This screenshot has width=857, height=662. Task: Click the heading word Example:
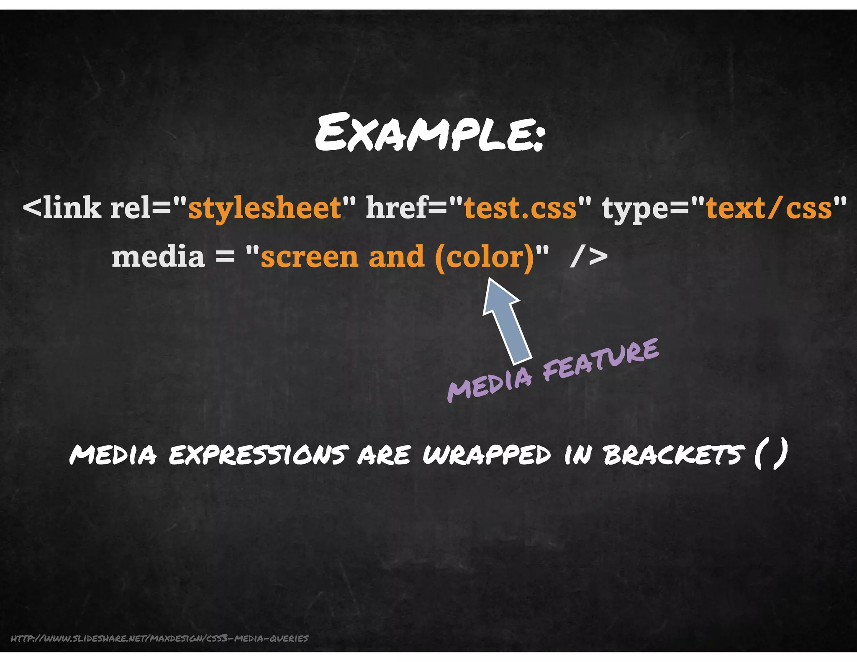coord(430,133)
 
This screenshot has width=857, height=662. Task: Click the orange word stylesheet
coord(265,208)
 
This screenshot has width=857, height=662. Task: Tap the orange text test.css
coord(521,208)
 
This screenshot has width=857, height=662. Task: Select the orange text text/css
coord(769,208)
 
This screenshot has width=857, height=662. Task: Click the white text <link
coord(62,208)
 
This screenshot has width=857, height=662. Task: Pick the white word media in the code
coord(158,257)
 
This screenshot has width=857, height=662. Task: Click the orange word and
coord(396,257)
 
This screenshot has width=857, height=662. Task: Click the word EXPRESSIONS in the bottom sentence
coord(259,455)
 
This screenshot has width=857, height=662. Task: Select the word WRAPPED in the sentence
coord(487,455)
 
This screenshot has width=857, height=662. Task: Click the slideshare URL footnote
coord(159,638)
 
